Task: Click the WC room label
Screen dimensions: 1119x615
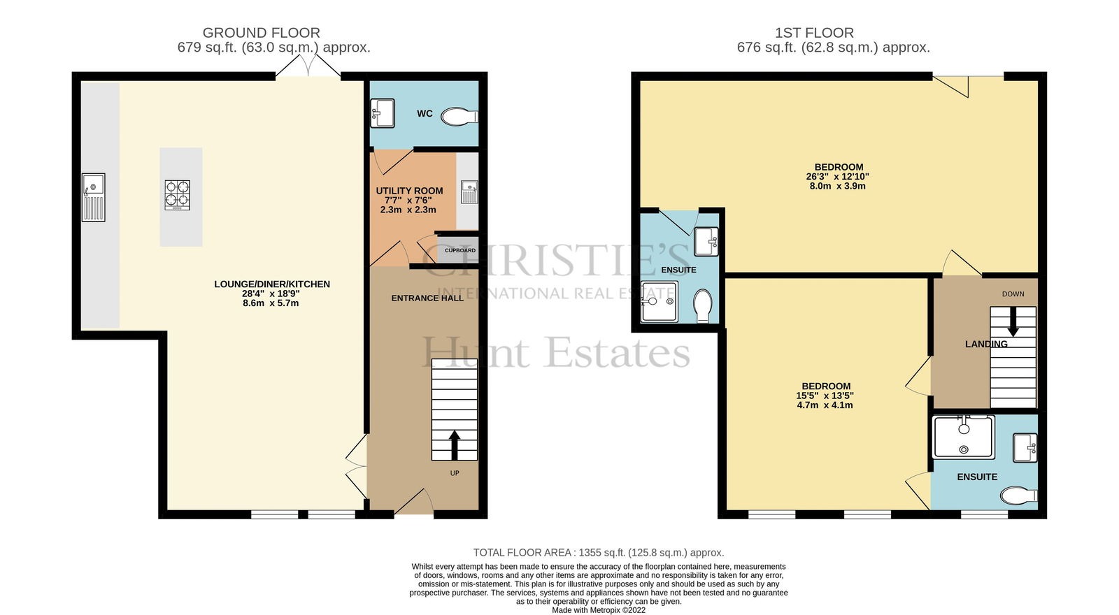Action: coord(425,114)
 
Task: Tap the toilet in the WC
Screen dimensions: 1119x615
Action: coord(459,117)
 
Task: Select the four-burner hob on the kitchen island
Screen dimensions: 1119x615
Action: coord(178,195)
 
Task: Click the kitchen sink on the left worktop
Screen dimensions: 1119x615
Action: coord(94,197)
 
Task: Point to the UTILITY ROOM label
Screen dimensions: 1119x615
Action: coord(409,191)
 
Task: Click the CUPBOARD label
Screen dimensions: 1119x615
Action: coord(460,251)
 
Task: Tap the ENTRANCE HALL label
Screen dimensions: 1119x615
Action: coord(427,298)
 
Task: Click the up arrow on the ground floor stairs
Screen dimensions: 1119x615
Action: coord(454,445)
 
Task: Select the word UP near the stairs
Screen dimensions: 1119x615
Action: coord(455,473)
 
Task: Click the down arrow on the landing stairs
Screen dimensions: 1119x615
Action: coord(1013,321)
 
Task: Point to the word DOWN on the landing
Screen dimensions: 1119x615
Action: coord(1013,294)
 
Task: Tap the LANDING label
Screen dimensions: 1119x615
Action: coord(986,344)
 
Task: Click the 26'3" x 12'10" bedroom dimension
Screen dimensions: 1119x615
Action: coord(838,177)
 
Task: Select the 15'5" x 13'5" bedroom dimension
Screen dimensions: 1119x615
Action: coord(825,396)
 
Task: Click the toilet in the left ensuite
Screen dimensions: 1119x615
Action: coord(703,306)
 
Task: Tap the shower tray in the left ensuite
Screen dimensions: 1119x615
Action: coord(660,301)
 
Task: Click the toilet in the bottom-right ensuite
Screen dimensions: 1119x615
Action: coord(1018,495)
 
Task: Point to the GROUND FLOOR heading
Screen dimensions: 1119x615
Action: coord(262,33)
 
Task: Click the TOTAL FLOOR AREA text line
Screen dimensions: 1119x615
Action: coord(599,553)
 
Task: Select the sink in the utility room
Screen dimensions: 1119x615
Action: coord(469,192)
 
